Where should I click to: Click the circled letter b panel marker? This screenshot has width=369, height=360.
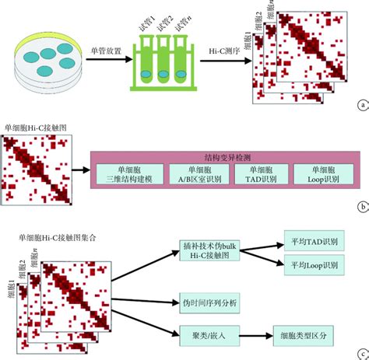pyautogui.click(x=361, y=207)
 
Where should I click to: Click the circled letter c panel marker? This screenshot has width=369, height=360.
pyautogui.click(x=361, y=351)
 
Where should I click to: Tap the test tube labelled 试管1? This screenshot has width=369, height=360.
pyautogui.click(x=147, y=62)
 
